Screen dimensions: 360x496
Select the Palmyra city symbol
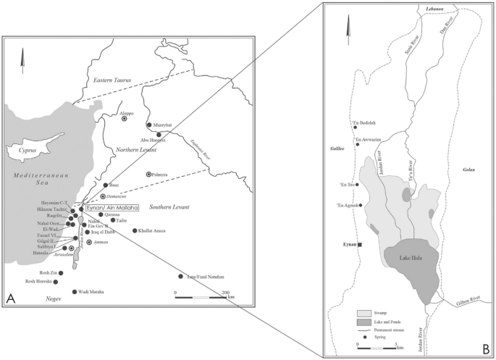click(x=149, y=175)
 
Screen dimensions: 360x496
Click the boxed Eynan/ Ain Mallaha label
click(x=112, y=207)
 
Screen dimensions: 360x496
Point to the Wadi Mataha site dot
click(x=75, y=292)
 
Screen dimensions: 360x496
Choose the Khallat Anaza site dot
click(x=135, y=230)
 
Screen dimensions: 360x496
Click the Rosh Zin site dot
click(x=62, y=272)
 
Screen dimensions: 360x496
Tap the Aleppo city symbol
click(x=124, y=118)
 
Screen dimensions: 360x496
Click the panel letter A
click(x=12, y=298)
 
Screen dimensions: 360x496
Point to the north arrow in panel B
click(x=348, y=28)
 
